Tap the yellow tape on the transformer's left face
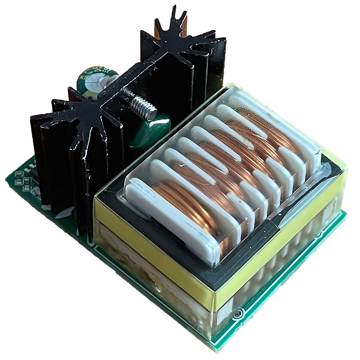(151, 253)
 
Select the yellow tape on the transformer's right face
(281, 246)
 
